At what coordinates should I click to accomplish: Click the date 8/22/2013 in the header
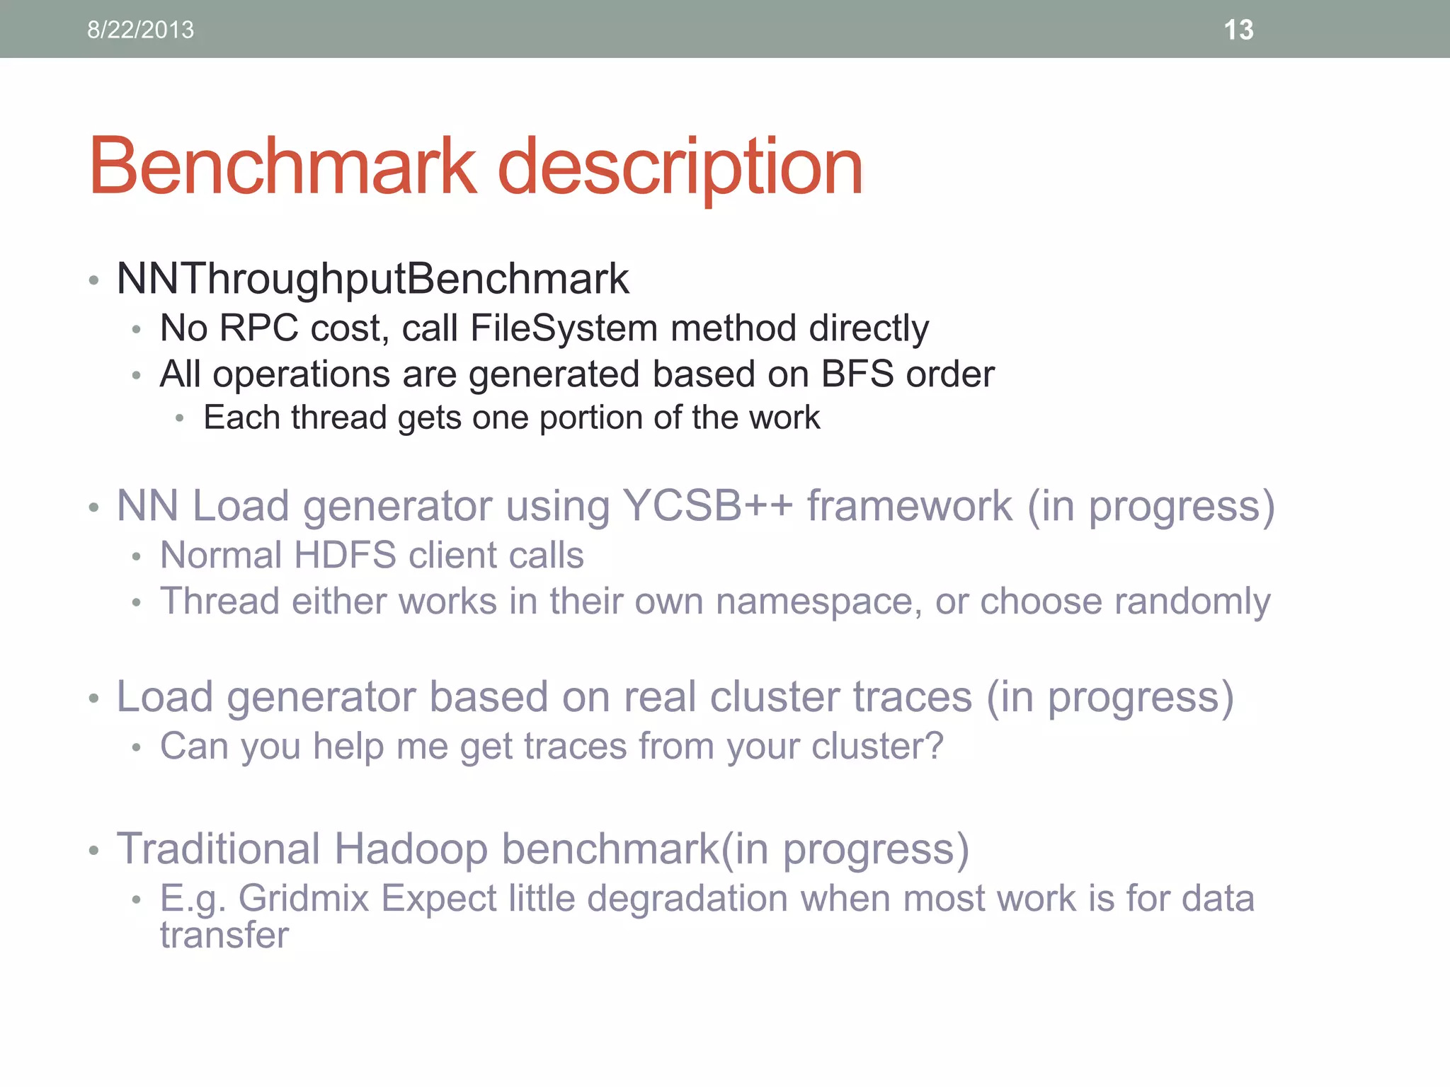[x=140, y=30]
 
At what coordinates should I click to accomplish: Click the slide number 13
[x=1238, y=30]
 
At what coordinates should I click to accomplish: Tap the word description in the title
[x=680, y=168]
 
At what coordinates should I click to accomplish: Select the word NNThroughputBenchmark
[x=372, y=279]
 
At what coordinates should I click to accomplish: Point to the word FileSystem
[x=564, y=328]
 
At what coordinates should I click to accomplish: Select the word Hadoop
[x=411, y=849]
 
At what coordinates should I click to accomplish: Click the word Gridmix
[x=304, y=899]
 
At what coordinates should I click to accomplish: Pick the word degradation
[x=687, y=899]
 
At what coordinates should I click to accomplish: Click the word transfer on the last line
[x=224, y=936]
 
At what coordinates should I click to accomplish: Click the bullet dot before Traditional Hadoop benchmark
[x=93, y=850]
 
